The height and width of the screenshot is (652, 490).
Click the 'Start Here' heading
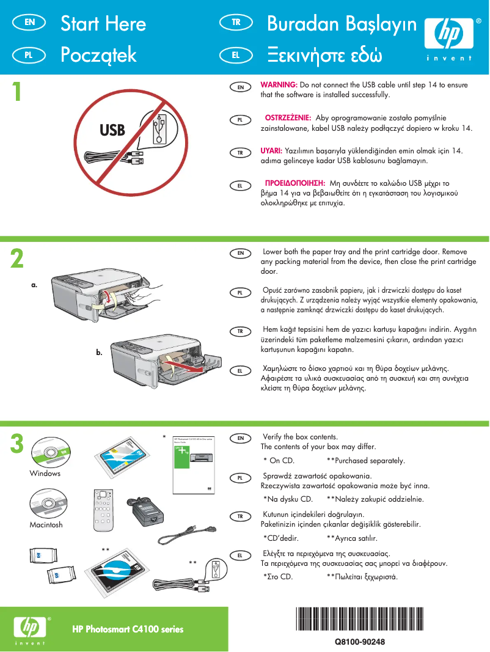click(x=103, y=24)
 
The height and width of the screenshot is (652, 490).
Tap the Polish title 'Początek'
click(x=98, y=55)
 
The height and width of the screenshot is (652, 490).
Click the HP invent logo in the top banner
click(x=448, y=38)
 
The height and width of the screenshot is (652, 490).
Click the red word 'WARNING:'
click(x=279, y=84)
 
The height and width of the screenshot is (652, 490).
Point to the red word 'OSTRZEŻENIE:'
click(x=288, y=117)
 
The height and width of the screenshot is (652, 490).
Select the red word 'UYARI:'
click(x=271, y=150)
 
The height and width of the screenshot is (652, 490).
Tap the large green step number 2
click(x=18, y=258)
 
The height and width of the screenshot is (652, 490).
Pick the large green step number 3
click(x=18, y=444)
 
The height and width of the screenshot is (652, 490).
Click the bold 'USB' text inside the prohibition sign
click(x=112, y=130)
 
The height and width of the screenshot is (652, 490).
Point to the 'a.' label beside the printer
click(x=35, y=285)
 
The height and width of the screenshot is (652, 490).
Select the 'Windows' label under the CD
click(x=45, y=474)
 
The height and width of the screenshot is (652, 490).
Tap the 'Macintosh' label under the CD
click(x=46, y=525)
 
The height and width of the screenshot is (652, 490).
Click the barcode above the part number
click(x=359, y=620)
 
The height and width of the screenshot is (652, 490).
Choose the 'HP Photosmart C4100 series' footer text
click(x=128, y=629)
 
